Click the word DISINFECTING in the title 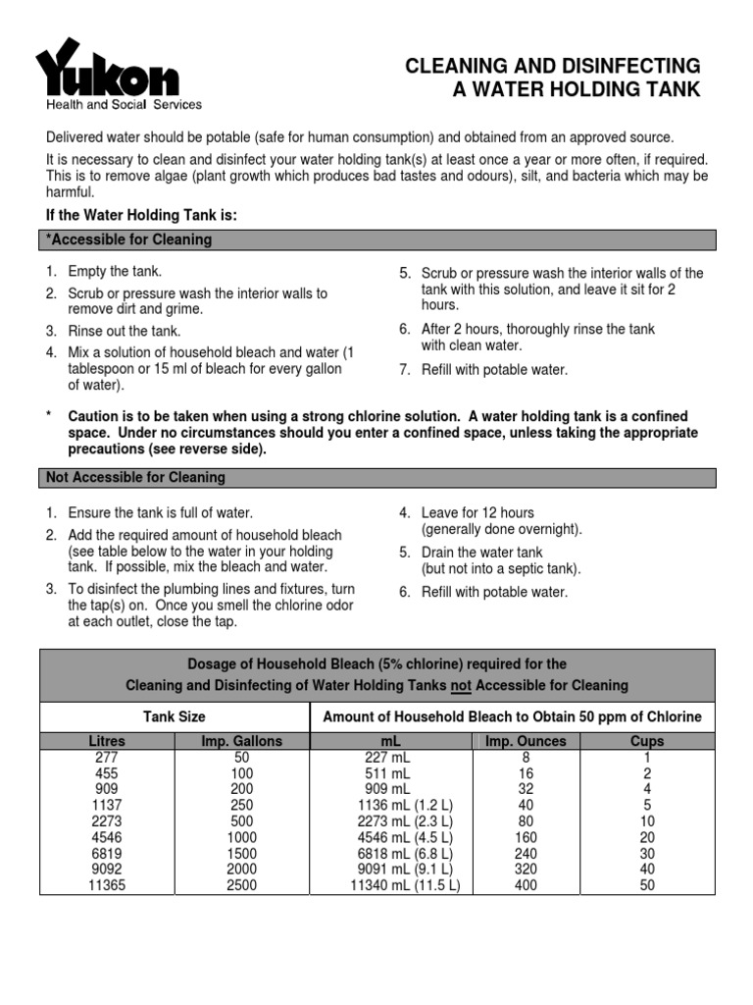click(636, 66)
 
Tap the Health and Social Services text click(125, 105)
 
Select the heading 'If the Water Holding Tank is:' click(142, 215)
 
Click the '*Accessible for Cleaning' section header click(128, 239)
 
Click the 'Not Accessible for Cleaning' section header click(135, 478)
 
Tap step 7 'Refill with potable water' click(494, 370)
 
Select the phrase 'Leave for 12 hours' click(477, 513)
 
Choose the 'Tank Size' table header click(175, 717)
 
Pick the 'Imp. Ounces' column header click(526, 741)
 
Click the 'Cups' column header click(646, 741)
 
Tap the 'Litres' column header click(107, 741)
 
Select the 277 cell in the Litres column click(107, 757)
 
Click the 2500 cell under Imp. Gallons click(241, 884)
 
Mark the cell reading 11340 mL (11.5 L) click(405, 884)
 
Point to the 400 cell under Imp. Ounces click(526, 884)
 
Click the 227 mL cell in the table click(387, 757)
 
